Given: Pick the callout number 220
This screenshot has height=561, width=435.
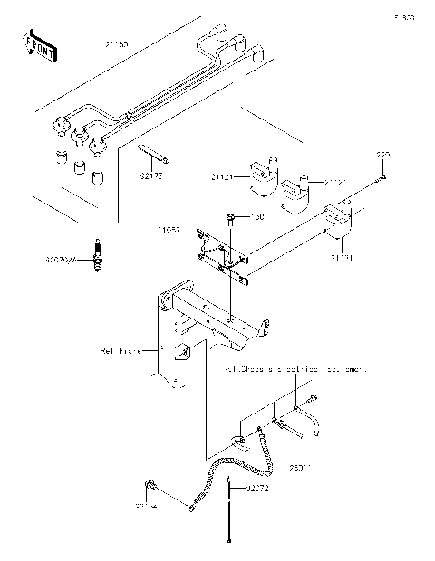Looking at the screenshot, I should point(382,156).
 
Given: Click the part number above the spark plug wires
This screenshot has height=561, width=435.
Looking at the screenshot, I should point(117,43).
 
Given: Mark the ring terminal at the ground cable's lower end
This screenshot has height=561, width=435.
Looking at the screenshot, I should point(190,509).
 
